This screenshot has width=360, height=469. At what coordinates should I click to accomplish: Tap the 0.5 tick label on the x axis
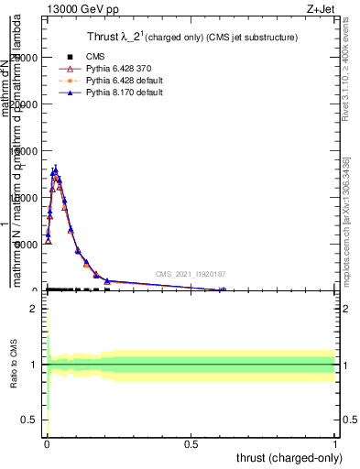(x=191, y=446)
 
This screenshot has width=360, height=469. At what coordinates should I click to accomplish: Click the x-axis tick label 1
(x=335, y=446)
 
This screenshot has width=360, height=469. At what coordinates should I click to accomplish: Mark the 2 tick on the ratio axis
(x=33, y=309)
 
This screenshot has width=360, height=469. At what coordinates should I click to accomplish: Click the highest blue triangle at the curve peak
(x=55, y=169)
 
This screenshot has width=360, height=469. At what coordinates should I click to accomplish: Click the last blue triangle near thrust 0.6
(x=223, y=289)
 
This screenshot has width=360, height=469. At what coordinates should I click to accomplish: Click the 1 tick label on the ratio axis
(x=33, y=365)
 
